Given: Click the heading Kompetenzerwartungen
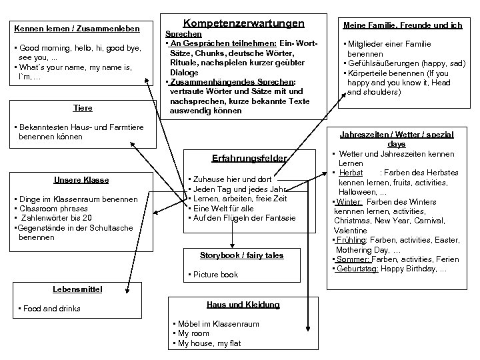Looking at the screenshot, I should coord(234,23).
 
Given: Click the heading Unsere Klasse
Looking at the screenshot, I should coord(81,180).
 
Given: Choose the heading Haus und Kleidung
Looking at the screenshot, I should coord(243,304).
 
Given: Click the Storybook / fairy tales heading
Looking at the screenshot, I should coord(241,255).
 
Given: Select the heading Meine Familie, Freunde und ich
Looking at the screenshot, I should coord(402,25).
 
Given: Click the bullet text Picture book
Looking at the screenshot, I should coord(216,275).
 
